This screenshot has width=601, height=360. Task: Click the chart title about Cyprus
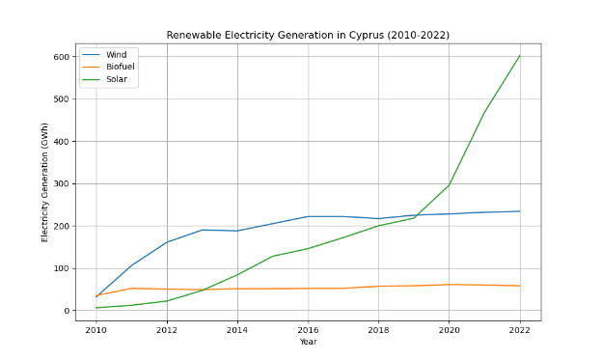(308, 36)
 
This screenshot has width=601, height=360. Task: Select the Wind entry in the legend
(116, 55)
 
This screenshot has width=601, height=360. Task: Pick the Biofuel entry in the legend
(120, 67)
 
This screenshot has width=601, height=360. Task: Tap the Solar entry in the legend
(116, 79)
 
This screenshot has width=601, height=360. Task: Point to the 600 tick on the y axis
(61, 57)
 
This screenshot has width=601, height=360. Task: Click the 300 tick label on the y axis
(61, 184)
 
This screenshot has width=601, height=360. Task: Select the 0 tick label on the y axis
(67, 312)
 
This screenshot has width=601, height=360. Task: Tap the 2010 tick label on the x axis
(96, 330)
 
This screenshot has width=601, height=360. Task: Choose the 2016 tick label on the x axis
(308, 330)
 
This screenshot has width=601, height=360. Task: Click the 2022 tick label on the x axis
(519, 330)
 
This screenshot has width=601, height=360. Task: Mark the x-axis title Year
(308, 342)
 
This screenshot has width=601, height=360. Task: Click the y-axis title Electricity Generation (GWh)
(44, 182)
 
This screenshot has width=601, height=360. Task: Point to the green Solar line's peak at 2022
(519, 56)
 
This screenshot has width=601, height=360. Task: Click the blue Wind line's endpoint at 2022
(519, 211)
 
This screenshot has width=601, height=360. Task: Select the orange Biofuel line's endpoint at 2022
(519, 286)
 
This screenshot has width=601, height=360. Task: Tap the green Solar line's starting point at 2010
(96, 308)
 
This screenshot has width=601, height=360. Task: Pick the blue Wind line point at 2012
(167, 242)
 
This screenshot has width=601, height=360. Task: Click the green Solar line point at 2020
(449, 184)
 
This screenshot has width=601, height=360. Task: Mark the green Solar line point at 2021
(484, 113)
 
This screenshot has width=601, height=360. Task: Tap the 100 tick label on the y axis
(61, 269)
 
